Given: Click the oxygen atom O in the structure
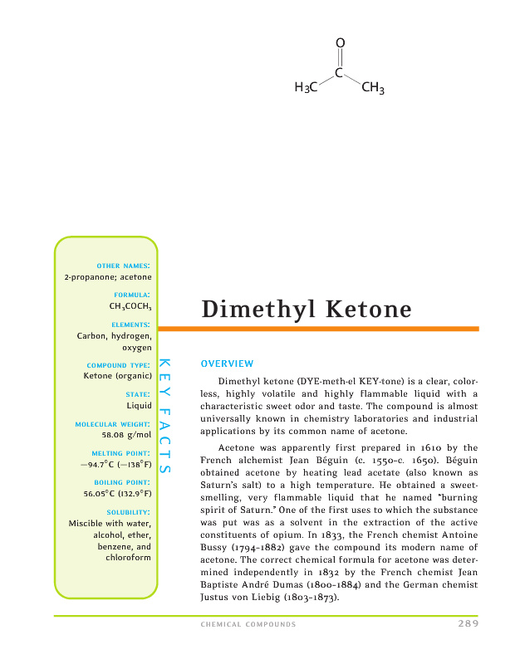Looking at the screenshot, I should click(340, 42).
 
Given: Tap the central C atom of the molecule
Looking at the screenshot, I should click(340, 73).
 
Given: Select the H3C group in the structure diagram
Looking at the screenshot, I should click(307, 89).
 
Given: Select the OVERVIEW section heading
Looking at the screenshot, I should click(227, 364).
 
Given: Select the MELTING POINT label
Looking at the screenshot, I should click(123, 454).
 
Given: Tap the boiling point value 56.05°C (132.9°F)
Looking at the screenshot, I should click(117, 493).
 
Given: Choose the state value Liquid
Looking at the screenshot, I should click(139, 406).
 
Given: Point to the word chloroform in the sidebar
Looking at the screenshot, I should click(129, 558).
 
